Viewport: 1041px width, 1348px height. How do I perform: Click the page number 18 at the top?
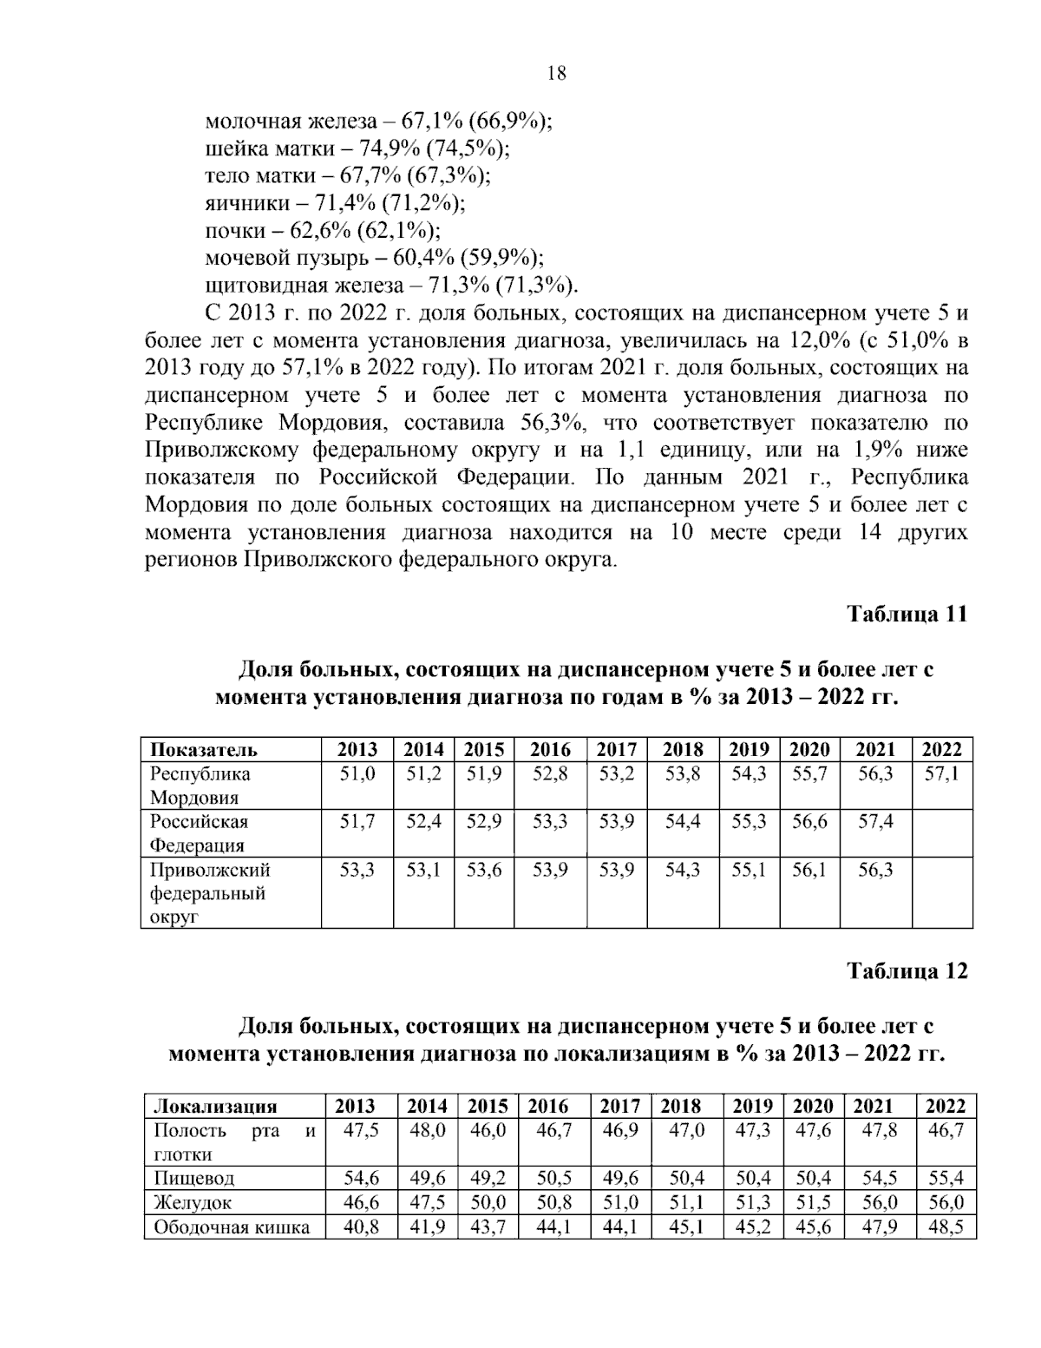click(556, 74)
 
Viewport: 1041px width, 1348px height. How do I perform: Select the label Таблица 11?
click(907, 614)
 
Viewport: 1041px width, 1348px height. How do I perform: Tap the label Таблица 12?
click(907, 970)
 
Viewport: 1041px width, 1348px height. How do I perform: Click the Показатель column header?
click(204, 750)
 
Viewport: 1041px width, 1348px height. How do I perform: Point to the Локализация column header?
click(215, 1106)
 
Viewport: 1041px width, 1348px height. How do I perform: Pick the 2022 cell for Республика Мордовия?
click(941, 774)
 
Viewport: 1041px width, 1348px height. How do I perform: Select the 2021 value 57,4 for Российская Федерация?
click(875, 822)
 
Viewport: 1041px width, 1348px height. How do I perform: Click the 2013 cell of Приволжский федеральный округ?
click(357, 870)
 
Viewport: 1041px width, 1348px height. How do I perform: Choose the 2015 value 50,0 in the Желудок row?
click(488, 1203)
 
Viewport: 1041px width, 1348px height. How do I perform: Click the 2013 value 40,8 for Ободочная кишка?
click(361, 1227)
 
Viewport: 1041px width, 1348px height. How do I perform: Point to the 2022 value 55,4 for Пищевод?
click(946, 1179)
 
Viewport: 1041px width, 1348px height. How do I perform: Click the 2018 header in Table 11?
click(683, 750)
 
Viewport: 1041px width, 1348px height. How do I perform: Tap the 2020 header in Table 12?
click(813, 1106)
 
